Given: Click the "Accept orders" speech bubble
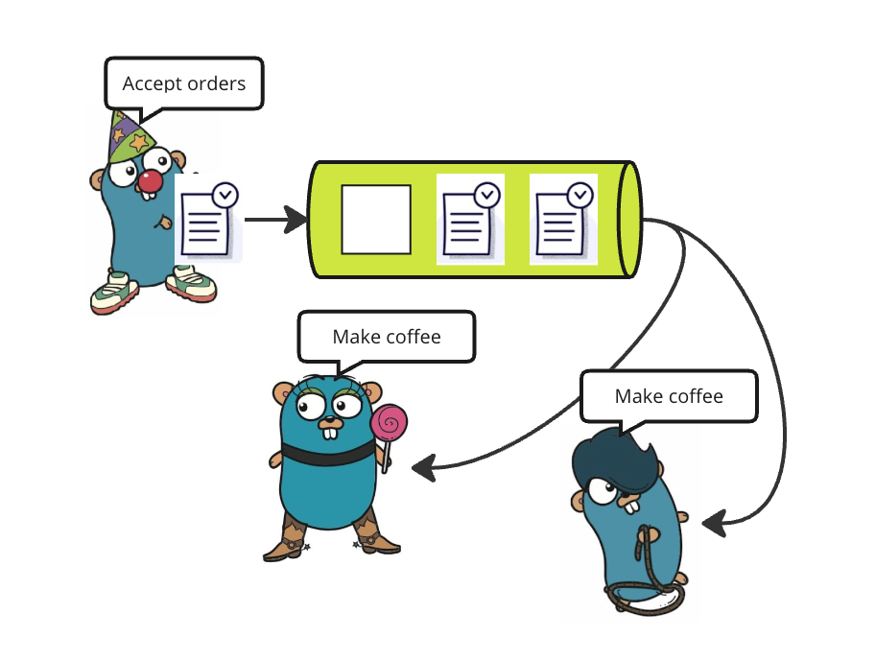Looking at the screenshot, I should pyautogui.click(x=183, y=83).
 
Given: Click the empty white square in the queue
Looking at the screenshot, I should pyautogui.click(x=376, y=220).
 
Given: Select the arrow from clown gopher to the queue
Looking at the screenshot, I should pyautogui.click(x=274, y=220).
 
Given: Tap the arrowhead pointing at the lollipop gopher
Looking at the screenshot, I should pyautogui.click(x=422, y=468).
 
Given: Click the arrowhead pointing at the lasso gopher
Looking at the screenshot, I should pyautogui.click(x=712, y=524).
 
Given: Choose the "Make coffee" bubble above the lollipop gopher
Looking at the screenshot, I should pyautogui.click(x=387, y=337).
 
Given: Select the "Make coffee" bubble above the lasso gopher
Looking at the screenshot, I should pyautogui.click(x=669, y=396).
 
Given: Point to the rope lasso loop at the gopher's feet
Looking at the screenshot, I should pyautogui.click(x=645, y=596).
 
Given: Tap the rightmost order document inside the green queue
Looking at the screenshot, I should pyautogui.click(x=564, y=220).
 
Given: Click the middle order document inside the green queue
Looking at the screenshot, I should pyautogui.click(x=470, y=220).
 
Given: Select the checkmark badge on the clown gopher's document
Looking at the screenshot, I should pyautogui.click(x=225, y=195).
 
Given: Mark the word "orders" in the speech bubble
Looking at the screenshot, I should pyautogui.click(x=217, y=83).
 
